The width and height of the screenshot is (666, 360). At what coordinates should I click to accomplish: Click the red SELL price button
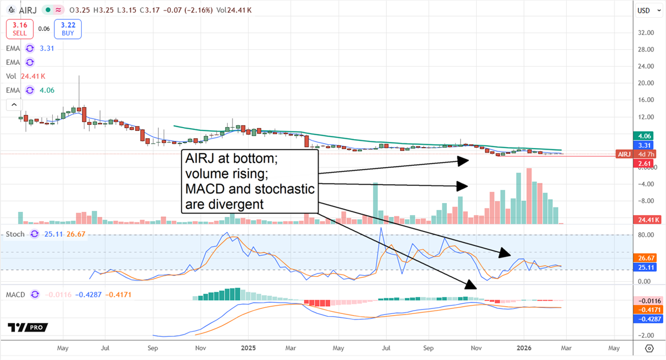pos(20,29)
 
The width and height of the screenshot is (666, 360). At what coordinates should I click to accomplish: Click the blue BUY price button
pos(68,29)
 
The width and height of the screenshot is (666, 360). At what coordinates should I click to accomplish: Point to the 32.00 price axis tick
pos(644,33)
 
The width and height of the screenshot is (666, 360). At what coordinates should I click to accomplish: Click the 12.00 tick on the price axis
pos(644,117)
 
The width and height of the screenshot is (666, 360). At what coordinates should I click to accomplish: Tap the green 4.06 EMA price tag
pos(644,135)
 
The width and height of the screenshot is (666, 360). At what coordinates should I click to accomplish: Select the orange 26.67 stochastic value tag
pos(644,258)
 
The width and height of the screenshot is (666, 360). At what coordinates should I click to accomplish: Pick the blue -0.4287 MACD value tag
pos(644,320)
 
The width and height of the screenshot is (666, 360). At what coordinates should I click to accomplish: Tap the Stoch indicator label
pos(15,234)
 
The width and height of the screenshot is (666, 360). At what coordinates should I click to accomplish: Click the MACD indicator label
pos(16,295)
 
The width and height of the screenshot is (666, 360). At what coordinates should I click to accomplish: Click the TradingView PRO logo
pos(28,328)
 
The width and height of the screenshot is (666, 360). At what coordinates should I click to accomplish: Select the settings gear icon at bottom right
pos(649,348)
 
